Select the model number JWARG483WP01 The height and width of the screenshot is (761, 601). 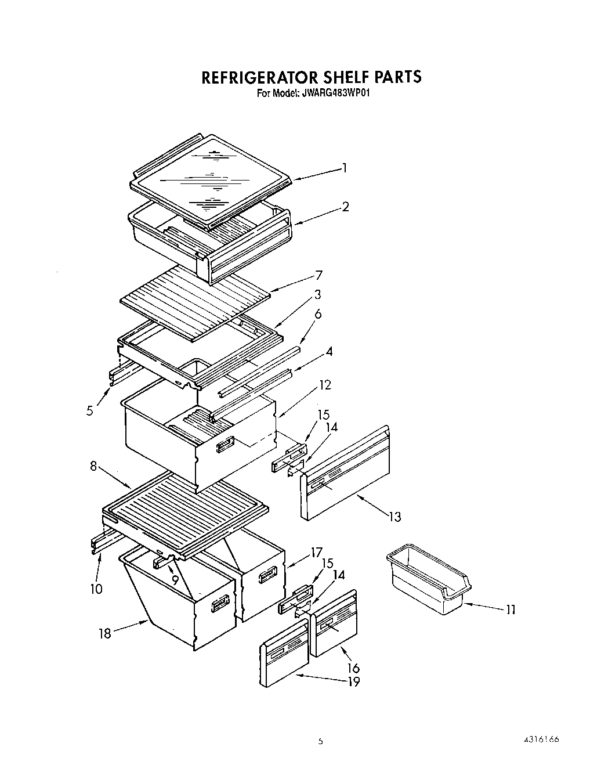[335, 92]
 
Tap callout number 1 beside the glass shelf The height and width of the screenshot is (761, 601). [345, 168]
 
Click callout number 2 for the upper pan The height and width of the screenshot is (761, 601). [345, 207]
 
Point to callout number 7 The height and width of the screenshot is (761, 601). [318, 275]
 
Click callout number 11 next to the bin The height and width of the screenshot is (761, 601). [510, 609]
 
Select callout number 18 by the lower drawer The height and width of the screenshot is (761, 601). [105, 634]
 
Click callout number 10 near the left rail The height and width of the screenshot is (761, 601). [96, 589]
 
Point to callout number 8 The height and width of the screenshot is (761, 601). [93, 466]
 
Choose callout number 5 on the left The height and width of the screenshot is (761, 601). [89, 410]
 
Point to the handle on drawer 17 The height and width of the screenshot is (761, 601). [267, 576]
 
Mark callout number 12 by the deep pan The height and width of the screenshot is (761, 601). [324, 385]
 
